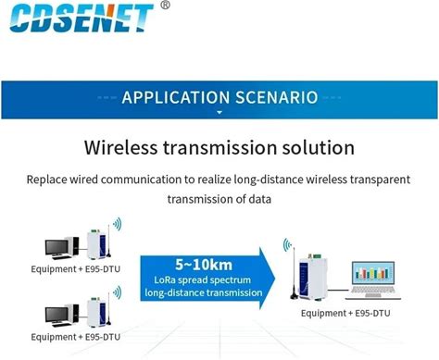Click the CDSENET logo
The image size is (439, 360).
point(82,18)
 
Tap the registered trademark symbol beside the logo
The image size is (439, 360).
point(166,5)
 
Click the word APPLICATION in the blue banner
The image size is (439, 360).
point(176,97)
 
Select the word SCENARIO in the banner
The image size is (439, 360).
point(277,97)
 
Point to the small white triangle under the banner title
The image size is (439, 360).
point(219,113)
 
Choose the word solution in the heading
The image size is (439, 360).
point(318,147)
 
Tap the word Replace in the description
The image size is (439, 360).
point(46,180)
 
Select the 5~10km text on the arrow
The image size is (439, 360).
point(204,265)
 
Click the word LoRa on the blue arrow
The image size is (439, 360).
point(165,280)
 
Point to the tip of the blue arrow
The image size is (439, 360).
point(275,279)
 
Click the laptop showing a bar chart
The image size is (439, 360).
point(373,280)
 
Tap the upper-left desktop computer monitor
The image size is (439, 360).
point(56,247)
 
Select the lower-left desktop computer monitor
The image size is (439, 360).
point(56,315)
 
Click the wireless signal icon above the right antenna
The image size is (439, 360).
point(287,244)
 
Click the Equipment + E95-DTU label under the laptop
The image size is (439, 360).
point(345,313)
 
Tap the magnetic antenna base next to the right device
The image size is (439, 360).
point(295,296)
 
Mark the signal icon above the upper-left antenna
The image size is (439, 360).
point(118,224)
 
